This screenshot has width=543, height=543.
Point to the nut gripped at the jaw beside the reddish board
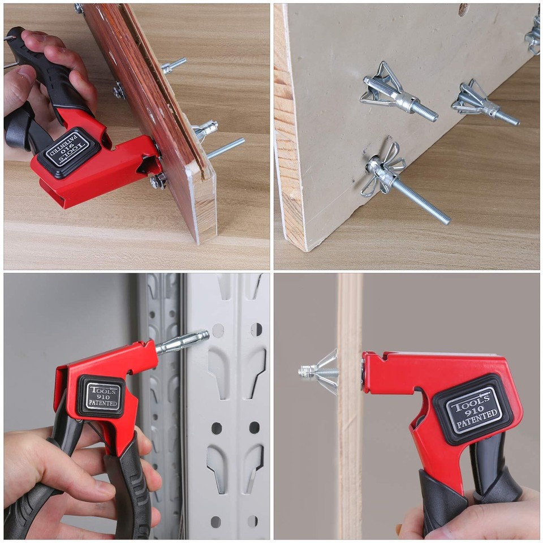(158, 181)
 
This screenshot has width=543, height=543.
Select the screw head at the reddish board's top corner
(78, 8)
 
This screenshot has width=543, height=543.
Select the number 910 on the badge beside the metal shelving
(102, 397)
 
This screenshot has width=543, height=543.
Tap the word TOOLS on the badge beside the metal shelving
(103, 390)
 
